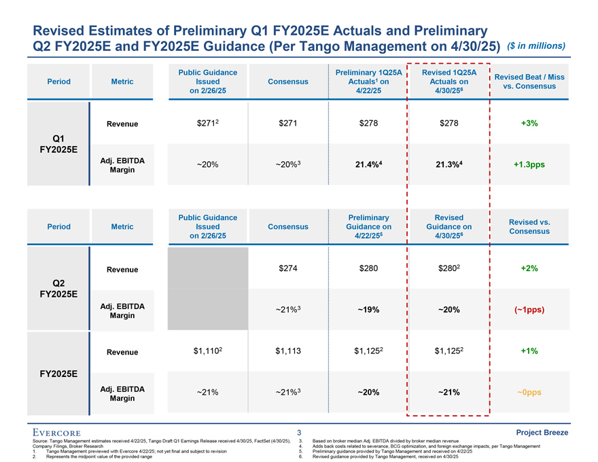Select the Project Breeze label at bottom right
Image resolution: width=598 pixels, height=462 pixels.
click(x=542, y=433)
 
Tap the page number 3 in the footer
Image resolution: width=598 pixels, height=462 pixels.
click(x=299, y=433)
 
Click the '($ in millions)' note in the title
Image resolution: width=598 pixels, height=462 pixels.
click(x=537, y=46)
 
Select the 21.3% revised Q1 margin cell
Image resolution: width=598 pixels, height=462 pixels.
click(x=448, y=164)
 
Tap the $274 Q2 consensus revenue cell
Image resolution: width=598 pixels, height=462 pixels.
click(x=288, y=268)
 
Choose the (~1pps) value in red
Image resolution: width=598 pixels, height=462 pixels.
click(x=529, y=310)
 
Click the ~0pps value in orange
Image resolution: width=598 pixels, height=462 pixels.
click(x=529, y=392)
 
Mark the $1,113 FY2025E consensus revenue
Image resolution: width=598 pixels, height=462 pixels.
click(x=288, y=351)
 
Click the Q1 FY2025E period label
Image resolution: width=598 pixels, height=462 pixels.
click(x=59, y=143)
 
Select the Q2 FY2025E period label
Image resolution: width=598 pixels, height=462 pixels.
click(x=59, y=288)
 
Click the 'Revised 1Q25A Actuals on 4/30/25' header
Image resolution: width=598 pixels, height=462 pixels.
click(x=448, y=82)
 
